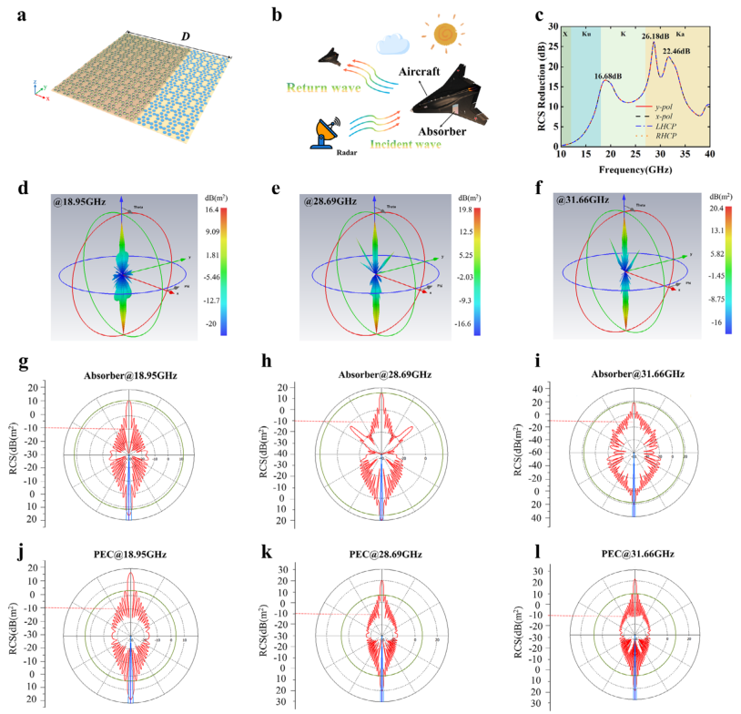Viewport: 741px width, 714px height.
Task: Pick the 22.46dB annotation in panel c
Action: click(682, 52)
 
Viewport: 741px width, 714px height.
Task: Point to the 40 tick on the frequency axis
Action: click(709, 156)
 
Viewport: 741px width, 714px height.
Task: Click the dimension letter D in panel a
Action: click(187, 36)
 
